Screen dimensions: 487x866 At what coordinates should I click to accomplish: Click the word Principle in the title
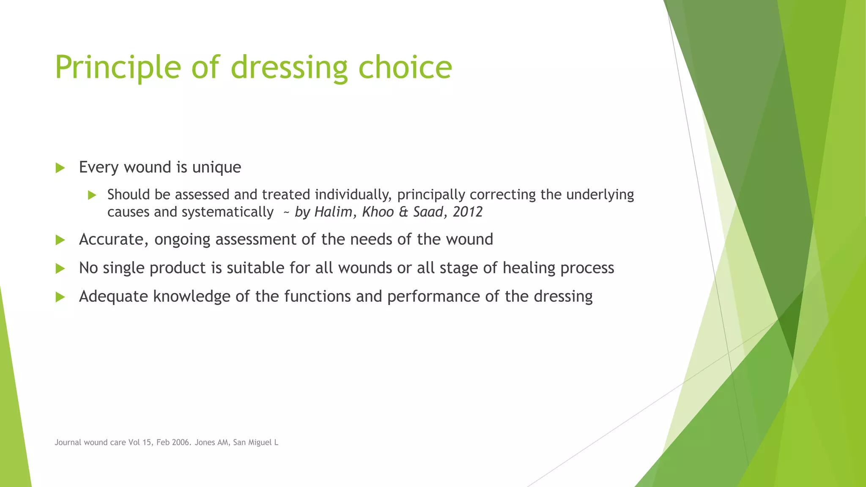click(x=118, y=68)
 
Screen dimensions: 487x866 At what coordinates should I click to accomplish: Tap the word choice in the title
click(x=405, y=68)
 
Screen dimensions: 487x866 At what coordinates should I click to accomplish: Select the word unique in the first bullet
click(x=216, y=167)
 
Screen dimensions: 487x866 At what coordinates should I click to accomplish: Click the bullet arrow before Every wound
click(x=60, y=168)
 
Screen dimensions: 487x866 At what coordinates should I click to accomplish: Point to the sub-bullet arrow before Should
click(x=92, y=195)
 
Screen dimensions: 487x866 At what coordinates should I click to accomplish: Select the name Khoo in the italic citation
click(x=378, y=212)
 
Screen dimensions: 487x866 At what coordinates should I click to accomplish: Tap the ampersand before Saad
click(x=403, y=212)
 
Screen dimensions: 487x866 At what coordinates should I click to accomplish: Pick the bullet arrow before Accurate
click(x=60, y=240)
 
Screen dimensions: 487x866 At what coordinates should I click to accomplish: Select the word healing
click(x=529, y=268)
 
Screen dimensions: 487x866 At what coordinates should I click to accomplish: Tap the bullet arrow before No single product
click(x=60, y=268)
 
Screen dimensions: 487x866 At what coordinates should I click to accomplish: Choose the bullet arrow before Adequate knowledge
click(x=60, y=297)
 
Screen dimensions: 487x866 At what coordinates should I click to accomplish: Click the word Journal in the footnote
click(x=68, y=443)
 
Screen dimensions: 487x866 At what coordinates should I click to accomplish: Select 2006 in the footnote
click(x=181, y=443)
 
